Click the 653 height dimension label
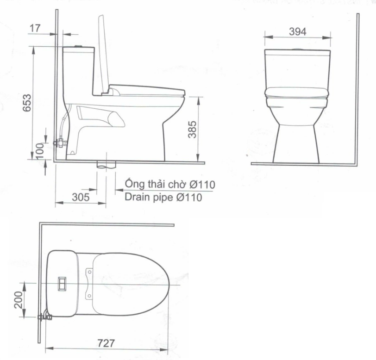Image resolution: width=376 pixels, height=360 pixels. pos(27,103)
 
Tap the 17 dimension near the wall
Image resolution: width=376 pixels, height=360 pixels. pos(35,28)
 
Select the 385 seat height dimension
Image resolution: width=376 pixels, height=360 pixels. pos(192,130)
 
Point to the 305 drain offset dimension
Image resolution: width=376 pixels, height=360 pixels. pos(81,197)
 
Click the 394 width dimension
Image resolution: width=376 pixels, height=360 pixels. pos(298,31)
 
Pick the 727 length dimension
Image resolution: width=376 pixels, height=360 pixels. pos(106,343)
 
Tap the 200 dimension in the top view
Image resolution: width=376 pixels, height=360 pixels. pos(19,300)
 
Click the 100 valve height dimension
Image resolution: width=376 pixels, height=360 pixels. pos(40,151)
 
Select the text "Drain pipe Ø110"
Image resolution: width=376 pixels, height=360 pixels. pos(163,198)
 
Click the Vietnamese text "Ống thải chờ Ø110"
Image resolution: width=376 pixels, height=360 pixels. pos(170,184)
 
